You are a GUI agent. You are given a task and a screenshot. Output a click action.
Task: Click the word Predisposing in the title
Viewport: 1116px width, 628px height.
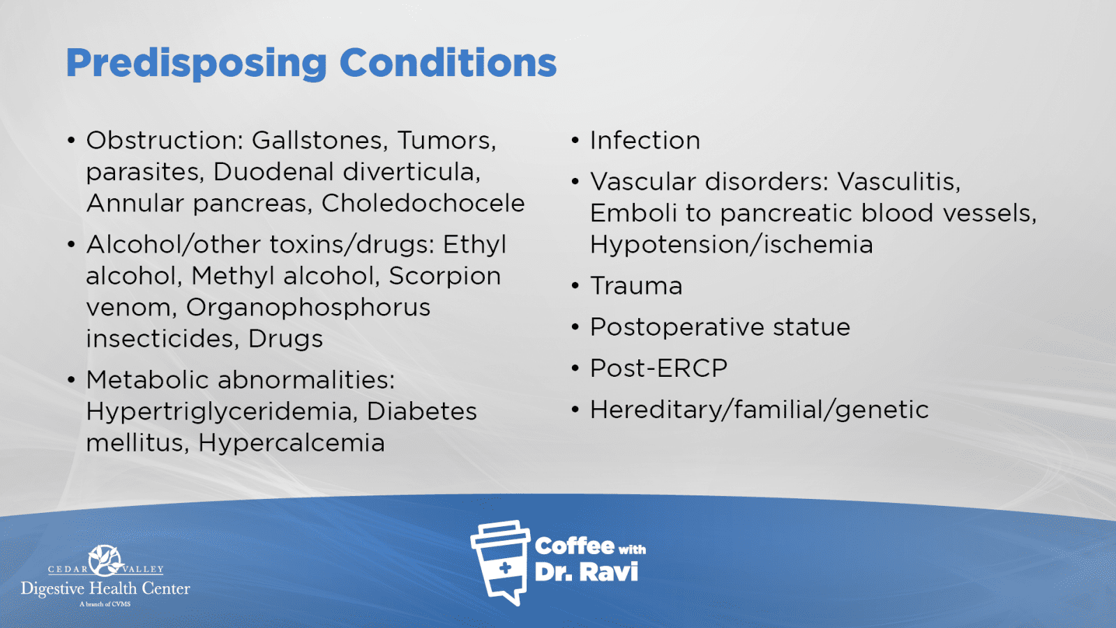click(196, 63)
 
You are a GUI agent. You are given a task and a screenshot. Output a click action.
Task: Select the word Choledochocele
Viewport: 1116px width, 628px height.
click(423, 203)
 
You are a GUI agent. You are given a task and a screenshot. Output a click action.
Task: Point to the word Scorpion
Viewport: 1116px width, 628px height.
click(445, 276)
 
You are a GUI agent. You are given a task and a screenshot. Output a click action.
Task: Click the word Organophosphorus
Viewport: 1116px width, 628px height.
click(308, 308)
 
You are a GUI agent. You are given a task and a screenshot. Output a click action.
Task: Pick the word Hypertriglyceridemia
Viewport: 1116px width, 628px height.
click(222, 412)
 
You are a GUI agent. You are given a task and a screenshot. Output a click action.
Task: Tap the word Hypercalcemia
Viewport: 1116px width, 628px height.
click(292, 443)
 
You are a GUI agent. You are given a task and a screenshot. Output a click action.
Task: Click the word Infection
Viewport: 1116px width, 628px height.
click(645, 140)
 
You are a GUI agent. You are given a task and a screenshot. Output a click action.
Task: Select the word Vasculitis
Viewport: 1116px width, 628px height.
click(899, 182)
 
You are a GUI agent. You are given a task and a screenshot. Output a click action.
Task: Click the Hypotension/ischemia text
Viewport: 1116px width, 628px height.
click(732, 245)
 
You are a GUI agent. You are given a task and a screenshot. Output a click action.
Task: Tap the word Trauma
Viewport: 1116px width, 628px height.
click(636, 286)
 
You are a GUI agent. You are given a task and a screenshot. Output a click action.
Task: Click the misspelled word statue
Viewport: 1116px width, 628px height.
click(812, 327)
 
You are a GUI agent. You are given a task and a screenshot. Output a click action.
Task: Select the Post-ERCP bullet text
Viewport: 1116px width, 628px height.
click(658, 369)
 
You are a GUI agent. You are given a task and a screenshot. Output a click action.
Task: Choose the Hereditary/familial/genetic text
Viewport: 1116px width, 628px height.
click(760, 410)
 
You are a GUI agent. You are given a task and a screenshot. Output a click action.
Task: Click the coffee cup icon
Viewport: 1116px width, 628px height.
click(500, 562)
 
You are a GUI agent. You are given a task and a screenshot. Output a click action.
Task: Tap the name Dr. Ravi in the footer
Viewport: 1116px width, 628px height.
click(586, 572)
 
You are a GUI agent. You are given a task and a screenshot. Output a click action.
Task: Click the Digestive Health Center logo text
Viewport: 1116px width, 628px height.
click(105, 589)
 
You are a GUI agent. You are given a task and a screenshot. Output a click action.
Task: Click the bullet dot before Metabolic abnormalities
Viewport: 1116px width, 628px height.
click(72, 380)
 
